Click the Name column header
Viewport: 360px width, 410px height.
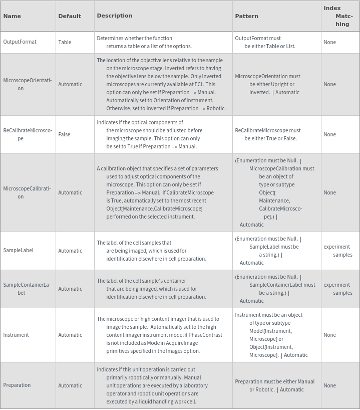point(12,16)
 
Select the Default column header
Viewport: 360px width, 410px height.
point(70,16)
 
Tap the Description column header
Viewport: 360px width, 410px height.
point(115,16)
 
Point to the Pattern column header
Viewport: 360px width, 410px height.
point(246,16)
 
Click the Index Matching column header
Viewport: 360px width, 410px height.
point(339,16)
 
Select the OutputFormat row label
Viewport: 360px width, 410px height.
point(20,42)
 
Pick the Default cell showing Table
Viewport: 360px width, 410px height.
point(65,42)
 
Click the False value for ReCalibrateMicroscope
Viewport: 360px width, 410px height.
point(64,134)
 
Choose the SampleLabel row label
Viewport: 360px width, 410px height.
point(18,251)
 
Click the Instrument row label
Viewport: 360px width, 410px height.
point(16,335)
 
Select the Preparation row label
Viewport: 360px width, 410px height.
point(17,385)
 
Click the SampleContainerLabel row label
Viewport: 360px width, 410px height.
point(27,289)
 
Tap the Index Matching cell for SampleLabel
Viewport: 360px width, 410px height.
point(338,251)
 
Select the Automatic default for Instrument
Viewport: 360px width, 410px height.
point(70,335)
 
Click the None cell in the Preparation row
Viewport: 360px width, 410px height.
point(329,385)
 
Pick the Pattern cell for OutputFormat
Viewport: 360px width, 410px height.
point(265,42)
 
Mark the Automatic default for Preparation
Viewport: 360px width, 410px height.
point(70,385)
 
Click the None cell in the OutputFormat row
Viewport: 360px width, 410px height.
point(329,42)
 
